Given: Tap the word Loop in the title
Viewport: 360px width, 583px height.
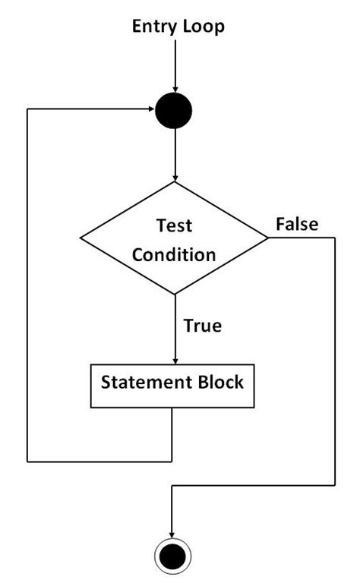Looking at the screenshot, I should [x=203, y=27].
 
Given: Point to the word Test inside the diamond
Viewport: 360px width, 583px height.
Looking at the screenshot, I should [x=175, y=225].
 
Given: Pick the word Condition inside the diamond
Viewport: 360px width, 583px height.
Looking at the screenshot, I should [x=175, y=254].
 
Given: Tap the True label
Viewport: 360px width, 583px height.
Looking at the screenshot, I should [x=202, y=326].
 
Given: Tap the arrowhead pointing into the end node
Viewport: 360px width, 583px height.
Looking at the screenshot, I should [x=172, y=535].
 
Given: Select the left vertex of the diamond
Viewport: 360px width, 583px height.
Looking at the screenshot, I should [x=81, y=238].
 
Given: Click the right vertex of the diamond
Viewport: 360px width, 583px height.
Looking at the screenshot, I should [x=269, y=238].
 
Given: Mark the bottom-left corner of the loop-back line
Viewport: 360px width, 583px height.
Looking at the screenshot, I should [x=28, y=461].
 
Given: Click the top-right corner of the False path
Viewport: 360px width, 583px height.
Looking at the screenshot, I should [x=334, y=238].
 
